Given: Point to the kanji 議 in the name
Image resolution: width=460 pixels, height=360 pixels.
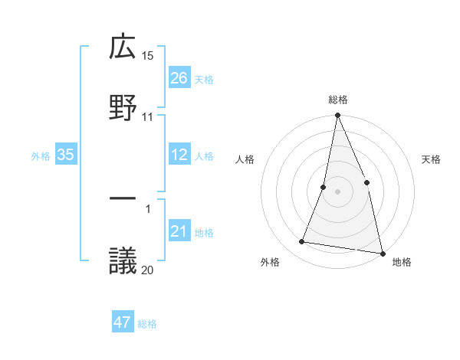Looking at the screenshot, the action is tap(123, 260).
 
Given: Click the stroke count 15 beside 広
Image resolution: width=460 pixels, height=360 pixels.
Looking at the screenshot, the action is tap(148, 56).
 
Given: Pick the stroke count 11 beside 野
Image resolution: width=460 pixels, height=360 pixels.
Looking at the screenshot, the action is tap(148, 116).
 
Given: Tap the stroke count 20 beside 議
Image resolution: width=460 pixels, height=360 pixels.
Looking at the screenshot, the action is tap(148, 269).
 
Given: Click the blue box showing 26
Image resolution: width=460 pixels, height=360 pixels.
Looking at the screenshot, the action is tap(179, 78).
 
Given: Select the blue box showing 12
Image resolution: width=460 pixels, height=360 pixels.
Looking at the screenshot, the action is tap(179, 155).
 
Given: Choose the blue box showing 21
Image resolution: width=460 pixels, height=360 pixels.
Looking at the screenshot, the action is tap(179, 232).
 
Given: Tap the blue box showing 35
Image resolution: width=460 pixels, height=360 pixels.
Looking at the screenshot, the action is tap(66, 155).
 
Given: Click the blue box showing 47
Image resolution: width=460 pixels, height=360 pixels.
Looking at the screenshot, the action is tap(123, 322).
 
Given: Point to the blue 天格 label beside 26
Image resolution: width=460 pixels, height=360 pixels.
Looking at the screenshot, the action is tap(204, 79).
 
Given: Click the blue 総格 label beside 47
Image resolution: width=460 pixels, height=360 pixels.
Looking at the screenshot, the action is tap(147, 323).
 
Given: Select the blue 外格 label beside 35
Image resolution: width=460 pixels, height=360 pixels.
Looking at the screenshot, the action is tap(41, 156).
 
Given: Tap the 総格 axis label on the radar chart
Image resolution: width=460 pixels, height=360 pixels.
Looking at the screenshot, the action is tap(337, 100).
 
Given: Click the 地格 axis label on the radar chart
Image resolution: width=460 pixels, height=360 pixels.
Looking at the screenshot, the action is tap(402, 263).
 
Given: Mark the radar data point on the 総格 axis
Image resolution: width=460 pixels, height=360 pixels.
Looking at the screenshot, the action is tap(337, 116).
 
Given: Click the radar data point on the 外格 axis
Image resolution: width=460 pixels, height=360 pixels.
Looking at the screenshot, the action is tap(302, 242).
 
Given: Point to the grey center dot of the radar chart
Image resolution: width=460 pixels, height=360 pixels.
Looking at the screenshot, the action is tap(337, 191).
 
